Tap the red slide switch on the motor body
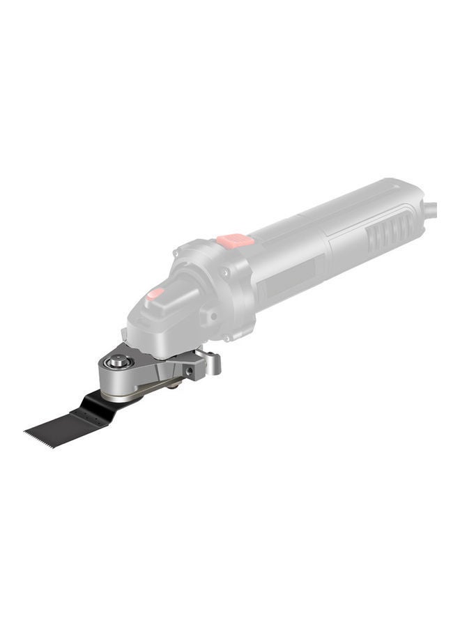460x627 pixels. point(235,241)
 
